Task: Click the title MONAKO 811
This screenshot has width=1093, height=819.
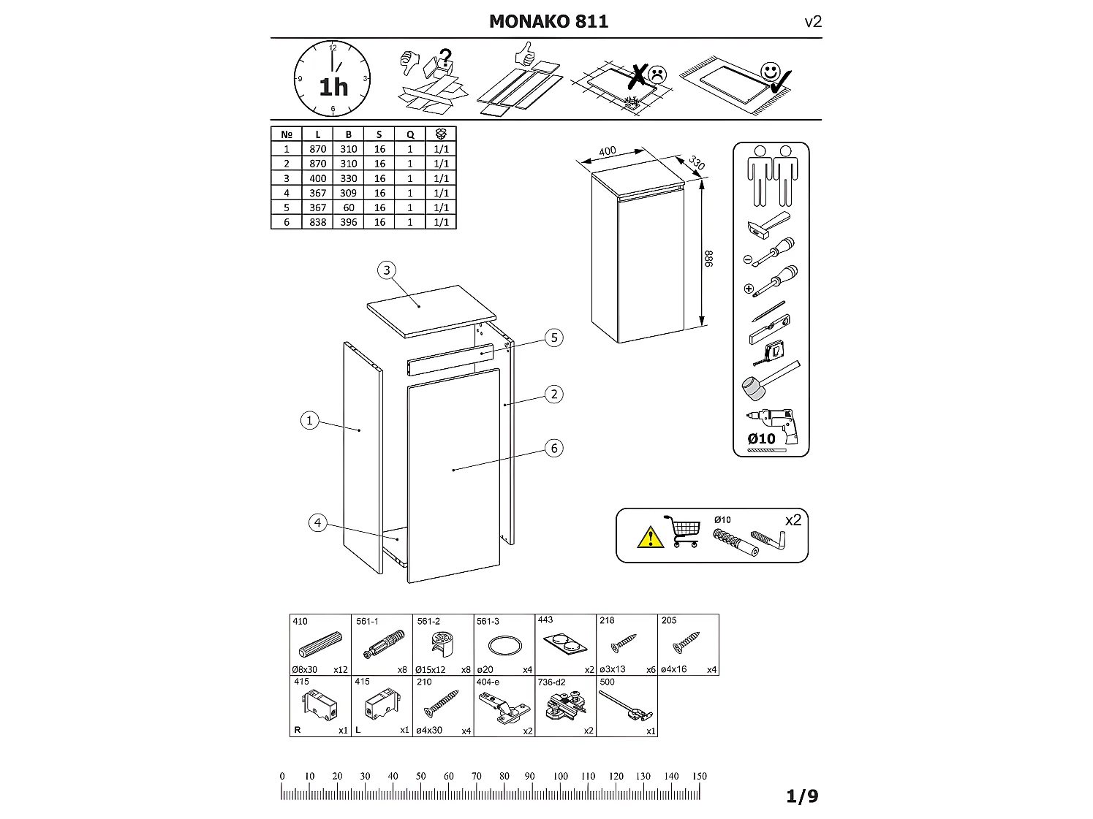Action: [548, 21]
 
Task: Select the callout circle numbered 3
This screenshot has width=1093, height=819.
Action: [387, 270]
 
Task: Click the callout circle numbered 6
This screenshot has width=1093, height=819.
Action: [554, 448]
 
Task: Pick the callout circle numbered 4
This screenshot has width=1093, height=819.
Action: [317, 523]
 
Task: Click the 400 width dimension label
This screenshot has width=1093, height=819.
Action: [607, 152]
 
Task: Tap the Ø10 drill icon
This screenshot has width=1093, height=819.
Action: [772, 427]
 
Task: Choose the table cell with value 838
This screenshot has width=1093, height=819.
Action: [317, 222]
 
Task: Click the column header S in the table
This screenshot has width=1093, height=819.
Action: [379, 134]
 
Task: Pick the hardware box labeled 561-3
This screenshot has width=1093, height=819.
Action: [504, 645]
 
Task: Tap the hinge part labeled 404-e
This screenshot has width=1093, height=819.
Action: [504, 706]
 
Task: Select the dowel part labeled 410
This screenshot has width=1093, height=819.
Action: [320, 645]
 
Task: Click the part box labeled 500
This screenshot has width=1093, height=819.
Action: [627, 706]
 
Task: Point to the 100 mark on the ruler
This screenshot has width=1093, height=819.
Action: [560, 777]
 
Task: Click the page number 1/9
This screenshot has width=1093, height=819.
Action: [802, 796]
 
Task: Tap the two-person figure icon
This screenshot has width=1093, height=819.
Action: [772, 175]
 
